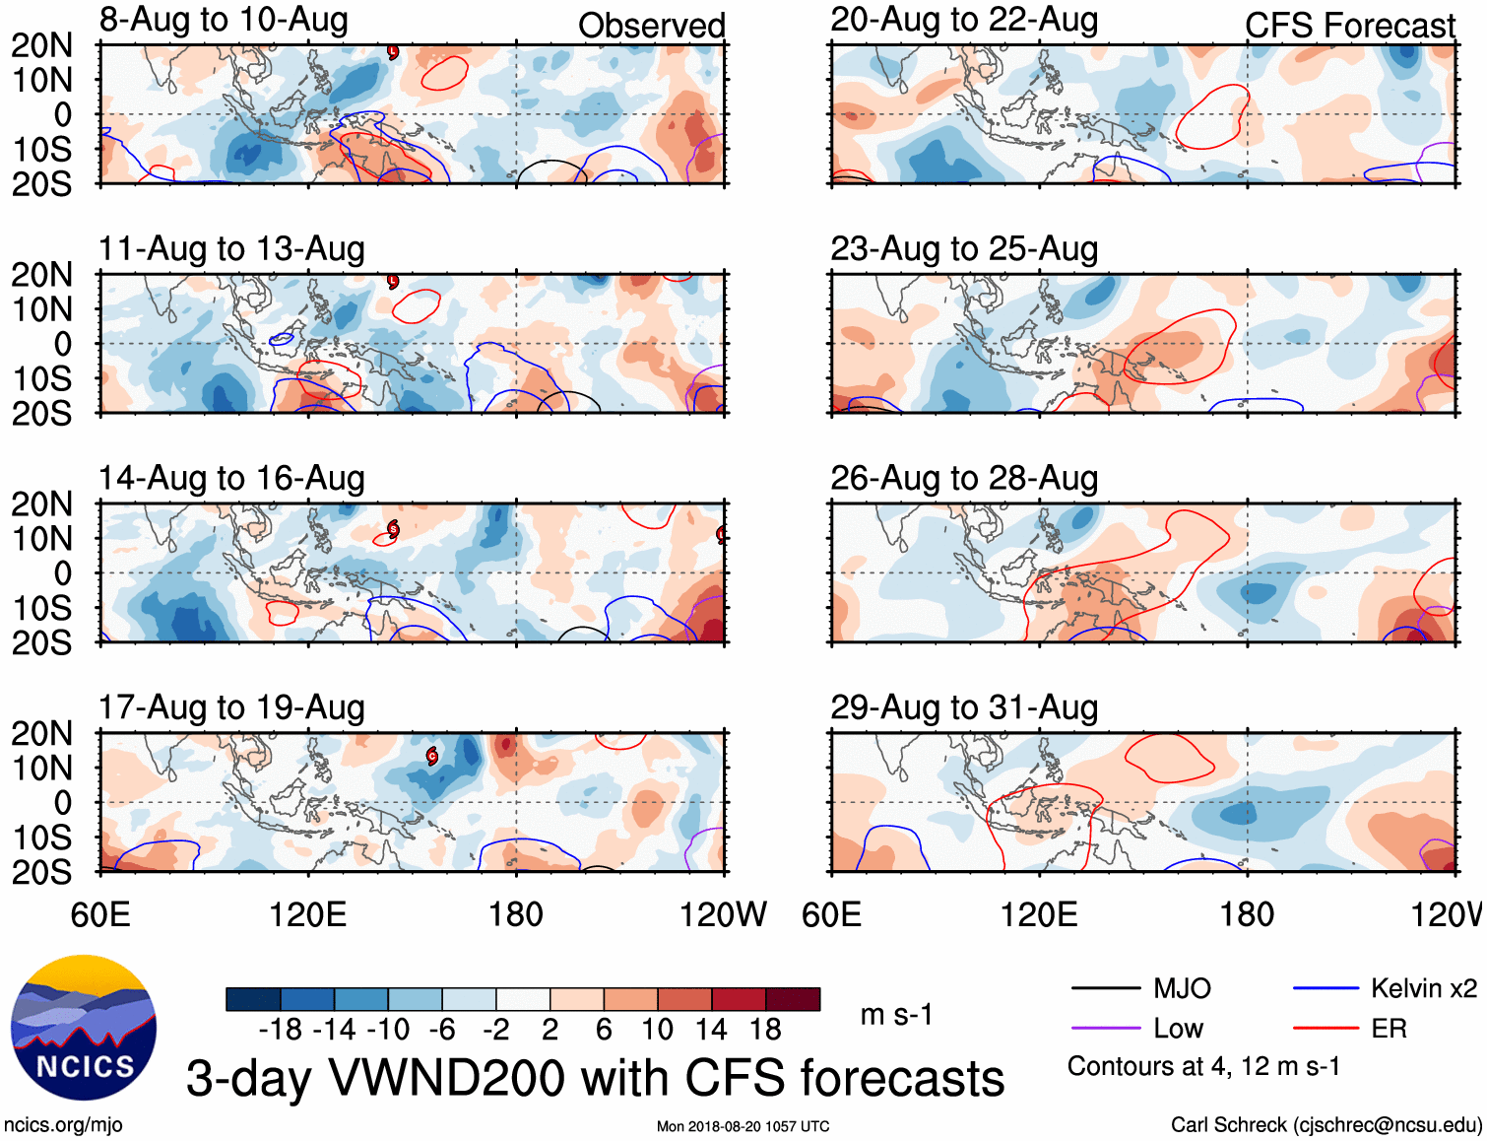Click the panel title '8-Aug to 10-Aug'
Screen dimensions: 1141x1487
(224, 21)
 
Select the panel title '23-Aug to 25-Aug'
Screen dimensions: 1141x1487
(963, 249)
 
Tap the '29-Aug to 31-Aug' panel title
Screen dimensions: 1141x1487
(963, 707)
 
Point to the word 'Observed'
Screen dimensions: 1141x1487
(651, 26)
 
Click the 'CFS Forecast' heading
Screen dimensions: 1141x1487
(1349, 26)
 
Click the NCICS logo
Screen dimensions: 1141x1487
(84, 1028)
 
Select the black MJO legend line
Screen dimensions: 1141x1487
(1105, 988)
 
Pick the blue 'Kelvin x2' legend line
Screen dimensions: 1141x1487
(1325, 988)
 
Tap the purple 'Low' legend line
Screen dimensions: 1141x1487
(1105, 1029)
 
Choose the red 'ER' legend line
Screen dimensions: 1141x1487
(1325, 1029)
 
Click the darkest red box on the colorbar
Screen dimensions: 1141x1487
(793, 999)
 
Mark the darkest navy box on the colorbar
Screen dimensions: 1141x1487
(253, 999)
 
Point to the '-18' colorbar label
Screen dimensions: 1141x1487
(281, 1030)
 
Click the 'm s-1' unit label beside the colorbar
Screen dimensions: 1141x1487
(896, 1014)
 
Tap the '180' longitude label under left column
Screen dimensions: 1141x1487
(516, 914)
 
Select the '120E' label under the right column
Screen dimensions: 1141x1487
(1039, 914)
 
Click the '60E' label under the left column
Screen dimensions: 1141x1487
(100, 914)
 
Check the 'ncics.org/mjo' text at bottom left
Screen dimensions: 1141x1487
(63, 1125)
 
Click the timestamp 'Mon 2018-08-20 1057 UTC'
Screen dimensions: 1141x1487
(743, 1126)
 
